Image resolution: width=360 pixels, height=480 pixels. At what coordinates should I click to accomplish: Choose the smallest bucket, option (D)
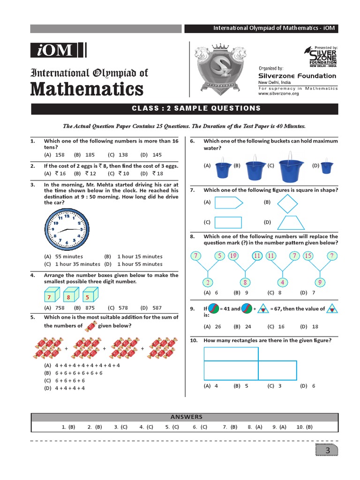click(327, 167)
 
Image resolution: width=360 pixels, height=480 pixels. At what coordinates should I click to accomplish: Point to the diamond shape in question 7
click(287, 204)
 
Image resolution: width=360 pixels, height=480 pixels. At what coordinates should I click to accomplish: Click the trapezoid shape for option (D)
click(287, 222)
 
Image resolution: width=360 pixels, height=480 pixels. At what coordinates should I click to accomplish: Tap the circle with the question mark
click(332, 256)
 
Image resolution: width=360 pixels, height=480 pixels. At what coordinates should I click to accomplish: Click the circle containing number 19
click(233, 256)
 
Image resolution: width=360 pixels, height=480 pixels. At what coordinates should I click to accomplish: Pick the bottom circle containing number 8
click(244, 282)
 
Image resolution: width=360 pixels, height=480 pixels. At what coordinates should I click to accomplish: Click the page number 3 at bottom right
click(328, 450)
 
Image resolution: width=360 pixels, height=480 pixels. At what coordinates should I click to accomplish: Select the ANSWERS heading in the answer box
click(186, 417)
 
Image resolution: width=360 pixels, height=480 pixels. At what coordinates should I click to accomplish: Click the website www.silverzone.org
click(278, 94)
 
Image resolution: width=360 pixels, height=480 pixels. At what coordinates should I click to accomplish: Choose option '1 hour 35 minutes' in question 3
click(71, 264)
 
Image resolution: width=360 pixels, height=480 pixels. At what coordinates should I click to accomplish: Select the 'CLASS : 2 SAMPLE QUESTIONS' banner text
click(196, 108)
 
